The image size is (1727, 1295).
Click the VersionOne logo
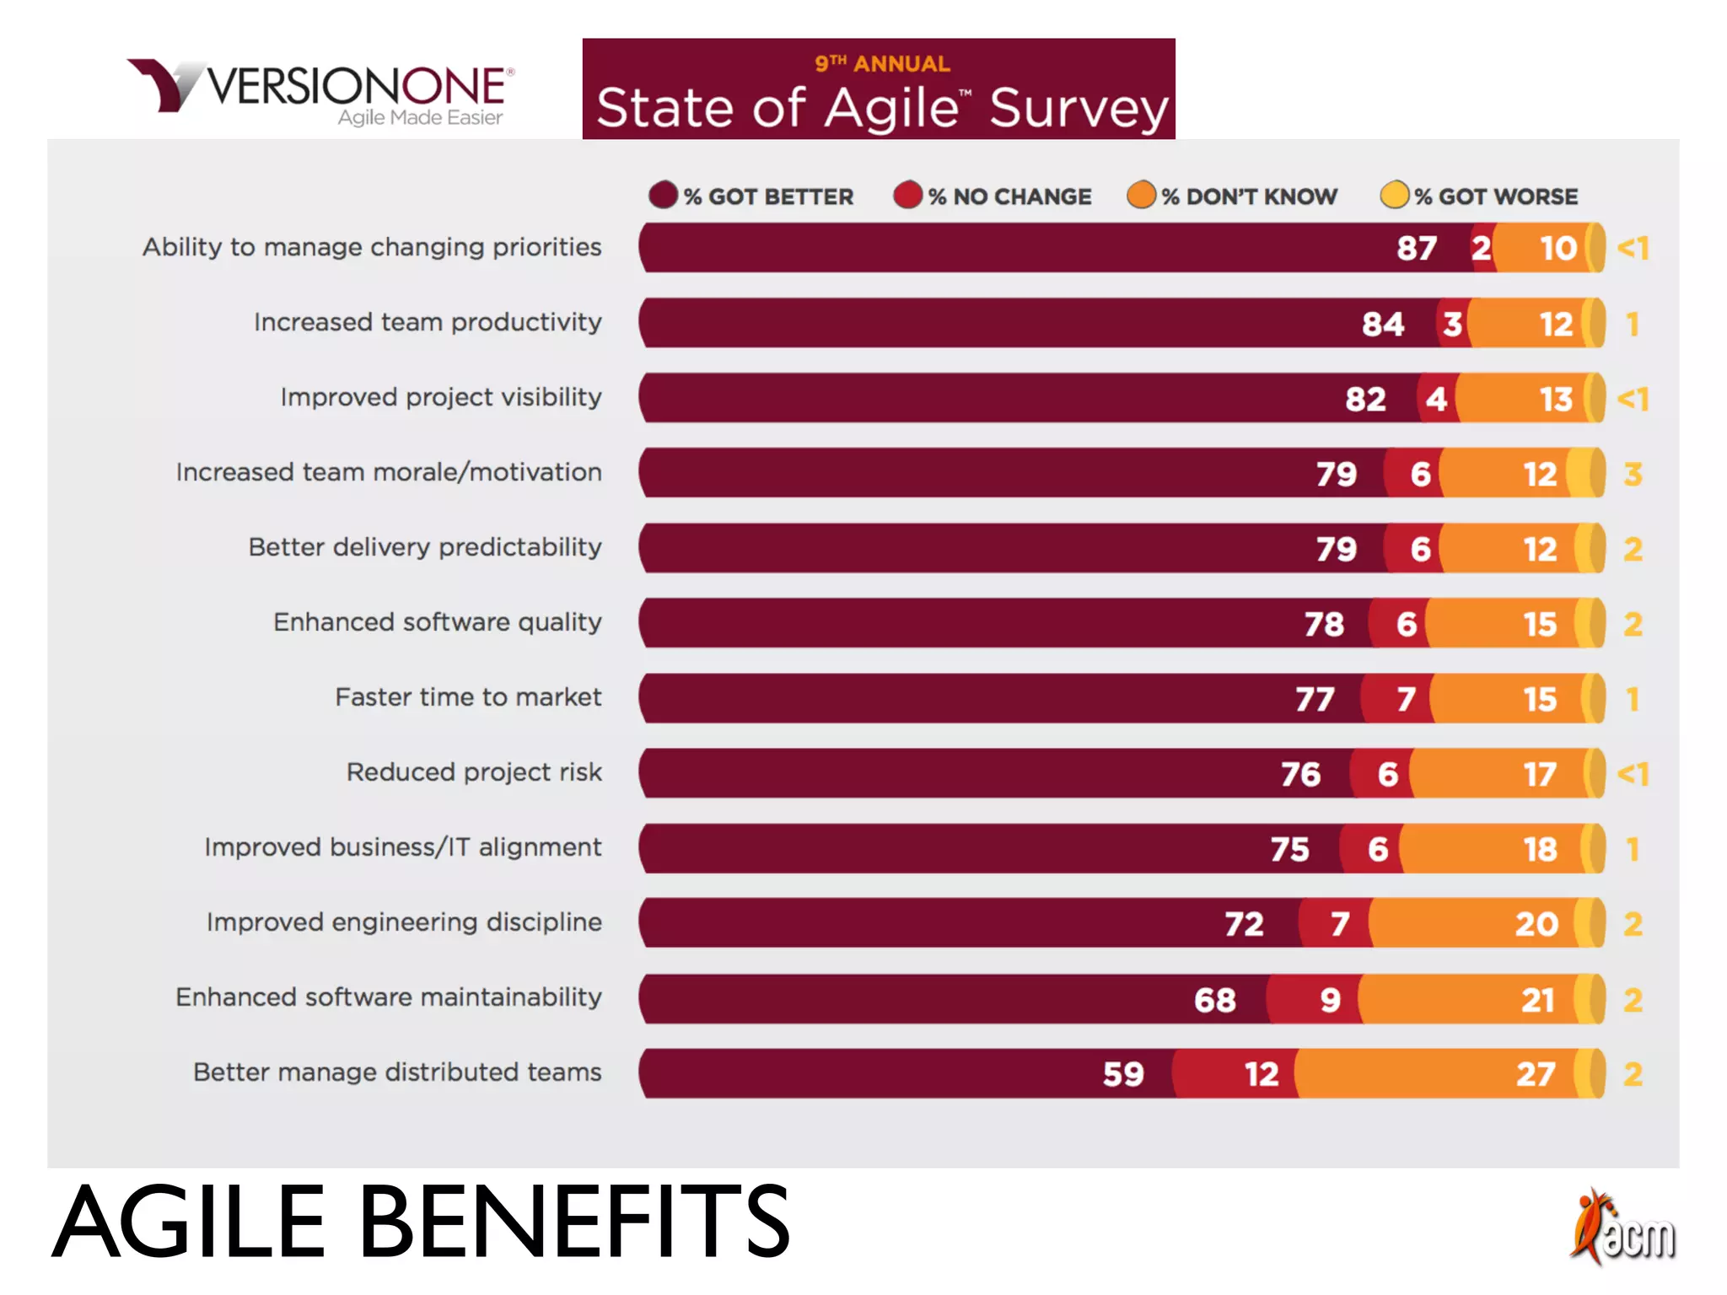coord(320,91)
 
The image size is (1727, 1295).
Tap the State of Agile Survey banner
coord(879,89)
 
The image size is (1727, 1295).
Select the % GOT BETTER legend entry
coord(751,196)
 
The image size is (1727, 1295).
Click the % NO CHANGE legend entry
coord(993,196)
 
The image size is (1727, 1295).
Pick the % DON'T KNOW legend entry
coord(1232,196)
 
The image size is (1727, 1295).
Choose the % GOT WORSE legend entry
coord(1479,196)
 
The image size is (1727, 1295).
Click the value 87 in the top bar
coord(1417,248)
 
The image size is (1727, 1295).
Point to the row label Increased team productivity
coord(428,322)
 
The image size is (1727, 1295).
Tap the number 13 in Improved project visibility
coord(1556,399)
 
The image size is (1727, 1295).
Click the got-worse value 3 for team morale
coord(1633,474)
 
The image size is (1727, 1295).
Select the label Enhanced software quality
coord(437,622)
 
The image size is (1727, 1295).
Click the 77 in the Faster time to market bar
coord(1315,699)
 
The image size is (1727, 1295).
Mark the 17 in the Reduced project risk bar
coord(1540,774)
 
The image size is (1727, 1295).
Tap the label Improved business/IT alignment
coord(403,847)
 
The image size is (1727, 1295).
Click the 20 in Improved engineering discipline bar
coord(1536,924)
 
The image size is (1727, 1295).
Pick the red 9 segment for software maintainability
coord(1329,1000)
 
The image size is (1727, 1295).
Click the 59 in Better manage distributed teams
coord(1123,1074)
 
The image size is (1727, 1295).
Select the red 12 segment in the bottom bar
coord(1261,1074)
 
